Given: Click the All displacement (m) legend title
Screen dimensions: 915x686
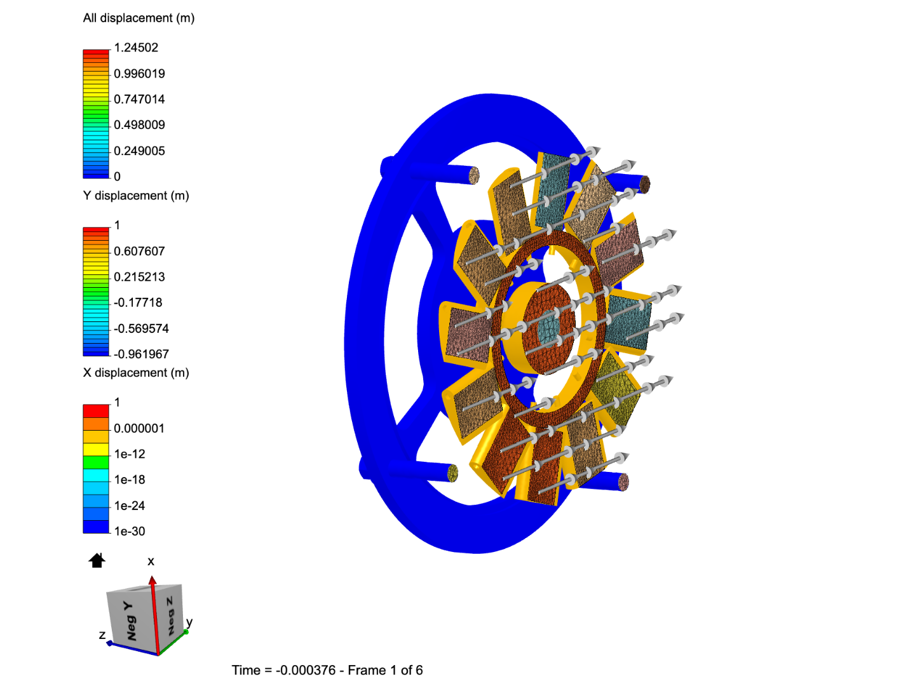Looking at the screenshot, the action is pos(139,18).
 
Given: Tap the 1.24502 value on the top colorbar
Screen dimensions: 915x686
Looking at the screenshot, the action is pos(136,48).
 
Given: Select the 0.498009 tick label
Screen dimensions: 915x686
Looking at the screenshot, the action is pos(139,124).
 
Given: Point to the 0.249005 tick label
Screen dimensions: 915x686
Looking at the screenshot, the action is pos(139,151).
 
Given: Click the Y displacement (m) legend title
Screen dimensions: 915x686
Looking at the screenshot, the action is pos(136,196).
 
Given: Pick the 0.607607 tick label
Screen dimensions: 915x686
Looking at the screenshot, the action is pos(139,251).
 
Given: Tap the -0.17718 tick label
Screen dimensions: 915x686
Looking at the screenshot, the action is pos(138,302).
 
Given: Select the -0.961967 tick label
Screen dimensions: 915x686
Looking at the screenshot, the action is pos(141,354).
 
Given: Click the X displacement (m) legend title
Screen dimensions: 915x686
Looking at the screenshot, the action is pos(136,373).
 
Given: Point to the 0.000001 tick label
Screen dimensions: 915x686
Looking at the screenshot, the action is pos(139,428).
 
